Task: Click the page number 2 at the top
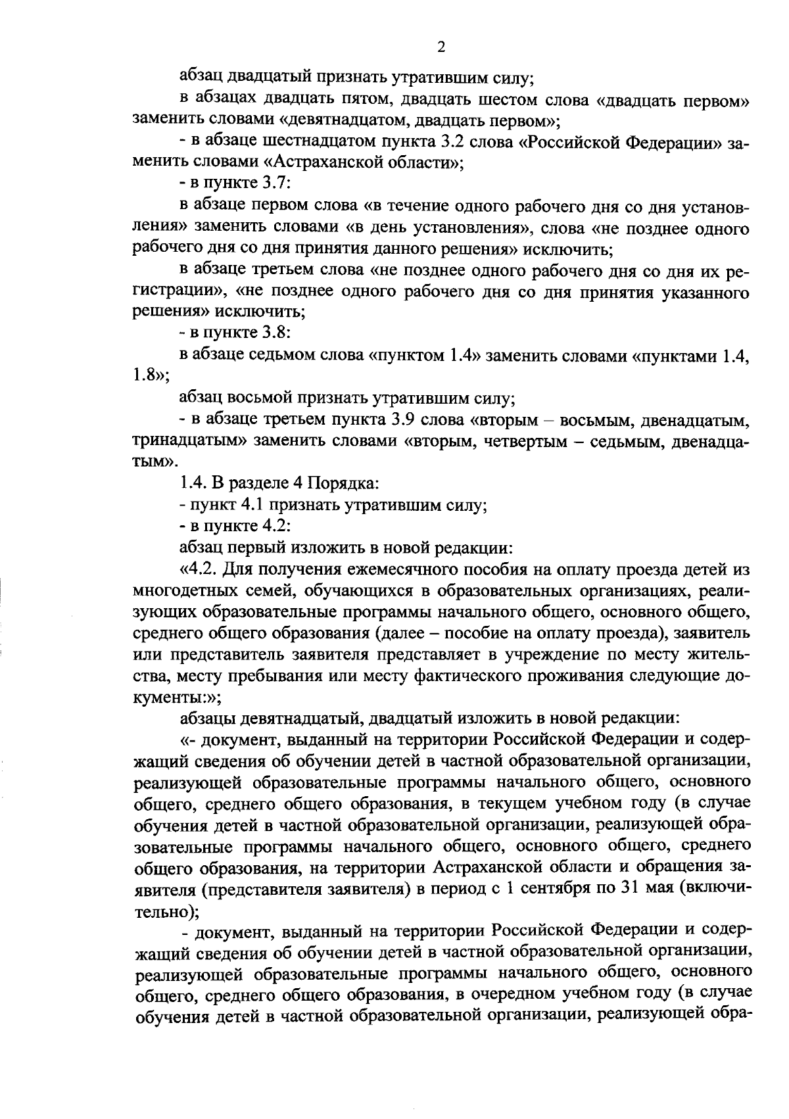pos(441,47)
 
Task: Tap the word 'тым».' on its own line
pos(151,462)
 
